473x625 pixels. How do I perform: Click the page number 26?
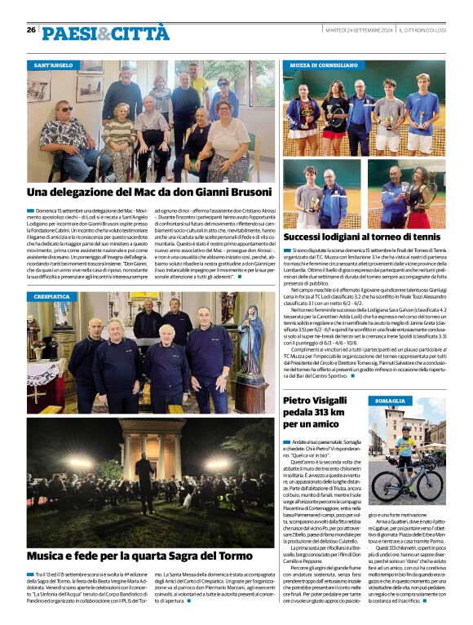31,29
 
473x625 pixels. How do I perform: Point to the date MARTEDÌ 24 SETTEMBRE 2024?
358,30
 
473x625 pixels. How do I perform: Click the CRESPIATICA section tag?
52,296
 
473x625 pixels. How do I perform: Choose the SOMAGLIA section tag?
390,401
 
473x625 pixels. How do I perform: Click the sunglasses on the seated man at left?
66,109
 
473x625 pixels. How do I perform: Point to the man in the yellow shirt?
199,82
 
